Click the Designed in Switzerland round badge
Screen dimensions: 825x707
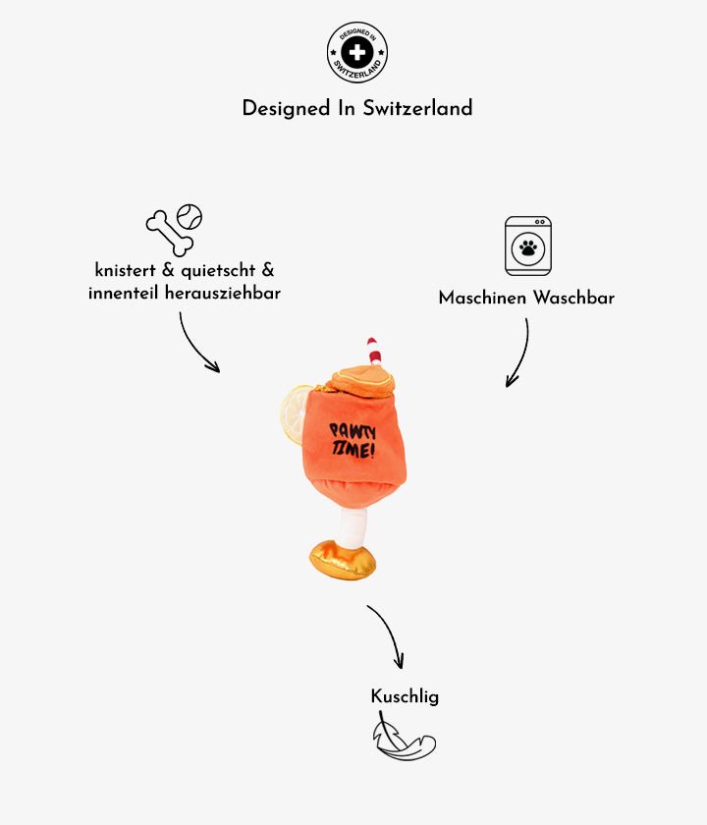coord(357,52)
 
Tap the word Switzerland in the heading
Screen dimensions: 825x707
coord(417,108)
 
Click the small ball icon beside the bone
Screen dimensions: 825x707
coord(190,216)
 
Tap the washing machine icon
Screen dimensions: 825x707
coord(528,246)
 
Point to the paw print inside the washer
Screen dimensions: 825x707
coord(528,248)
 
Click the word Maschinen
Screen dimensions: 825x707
coord(482,298)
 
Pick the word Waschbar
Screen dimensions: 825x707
coord(572,298)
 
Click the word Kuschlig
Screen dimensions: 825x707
coord(405,696)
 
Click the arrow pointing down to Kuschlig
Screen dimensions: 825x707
coord(387,635)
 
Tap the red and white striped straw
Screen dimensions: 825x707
coord(374,352)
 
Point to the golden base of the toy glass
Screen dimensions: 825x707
coord(343,559)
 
